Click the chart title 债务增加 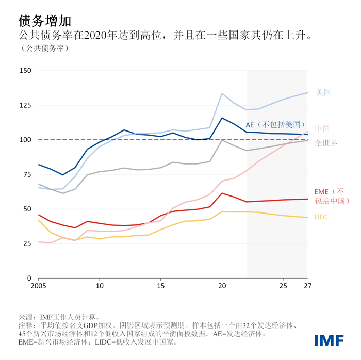pyautogui.click(x=44, y=21)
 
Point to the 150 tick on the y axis pyautogui.click(x=25, y=71)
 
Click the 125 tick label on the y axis pyautogui.click(x=25, y=105)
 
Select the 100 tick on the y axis pyautogui.click(x=25, y=140)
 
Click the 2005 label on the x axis pyautogui.click(x=39, y=286)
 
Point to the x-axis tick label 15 pyautogui.click(x=161, y=286)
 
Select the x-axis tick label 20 pyautogui.click(x=222, y=286)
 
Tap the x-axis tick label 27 pyautogui.click(x=307, y=286)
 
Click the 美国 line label pyautogui.click(x=323, y=93)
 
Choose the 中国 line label pyautogui.click(x=322, y=128)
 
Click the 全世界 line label pyautogui.click(x=326, y=143)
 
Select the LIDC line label pyautogui.click(x=321, y=217)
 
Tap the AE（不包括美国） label pyautogui.click(x=276, y=124)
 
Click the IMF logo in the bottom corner pyautogui.click(x=330, y=340)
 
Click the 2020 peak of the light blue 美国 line pyautogui.click(x=222, y=93)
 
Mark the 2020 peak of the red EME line pyautogui.click(x=222, y=193)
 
